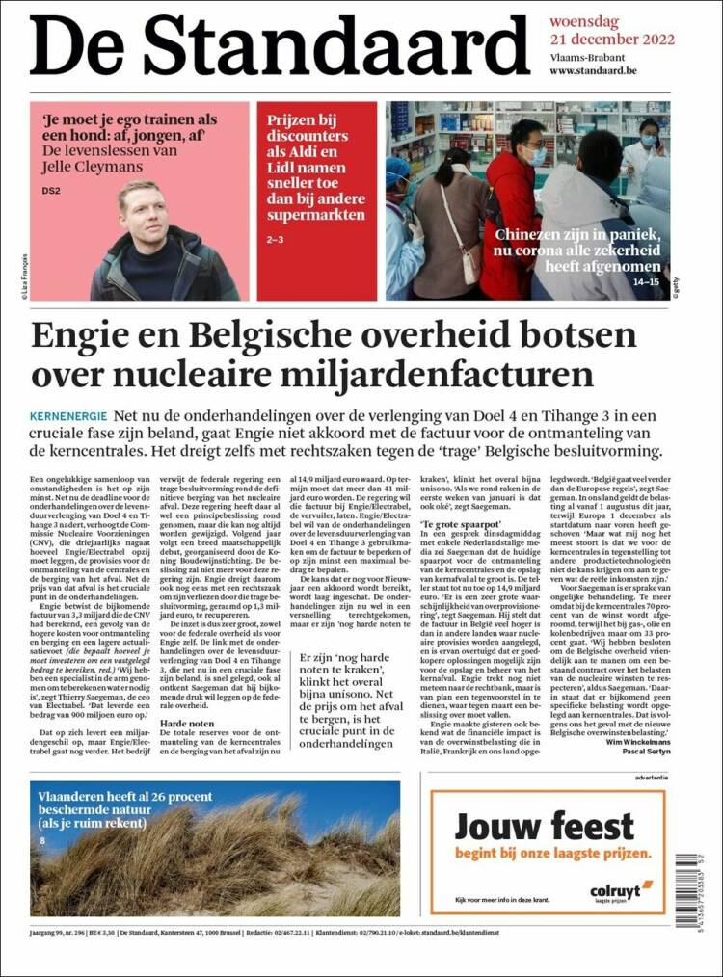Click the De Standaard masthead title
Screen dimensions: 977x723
[x=280, y=45]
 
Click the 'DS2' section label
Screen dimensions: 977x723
[x=51, y=191]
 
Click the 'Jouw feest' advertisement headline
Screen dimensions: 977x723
[x=545, y=827]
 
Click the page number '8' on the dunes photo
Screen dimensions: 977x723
[x=41, y=841]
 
